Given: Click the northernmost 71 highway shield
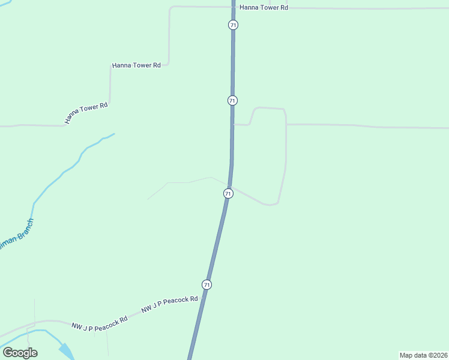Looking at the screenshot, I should pos(233,25).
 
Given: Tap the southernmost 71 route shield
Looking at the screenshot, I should pos(207,284).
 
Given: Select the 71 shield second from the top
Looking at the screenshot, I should pos(232,100).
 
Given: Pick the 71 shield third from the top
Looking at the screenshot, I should pos(228,193).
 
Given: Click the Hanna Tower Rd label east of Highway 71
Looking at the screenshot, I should pos(264,8).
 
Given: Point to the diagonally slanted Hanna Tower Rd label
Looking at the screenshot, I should pos(86,113).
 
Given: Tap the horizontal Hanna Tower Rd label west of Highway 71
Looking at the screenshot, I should pos(136,65).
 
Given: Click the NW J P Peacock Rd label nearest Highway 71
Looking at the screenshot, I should pos(169,304).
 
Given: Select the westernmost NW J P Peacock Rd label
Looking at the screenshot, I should pos(99,323).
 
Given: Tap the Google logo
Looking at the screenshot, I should pos(20,353).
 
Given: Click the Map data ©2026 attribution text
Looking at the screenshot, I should pos(423,355).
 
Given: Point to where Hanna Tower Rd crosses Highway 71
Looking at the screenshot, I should pos(234,8).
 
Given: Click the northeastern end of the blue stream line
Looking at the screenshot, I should pos(114,134).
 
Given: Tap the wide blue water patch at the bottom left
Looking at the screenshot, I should pos(66,351).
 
